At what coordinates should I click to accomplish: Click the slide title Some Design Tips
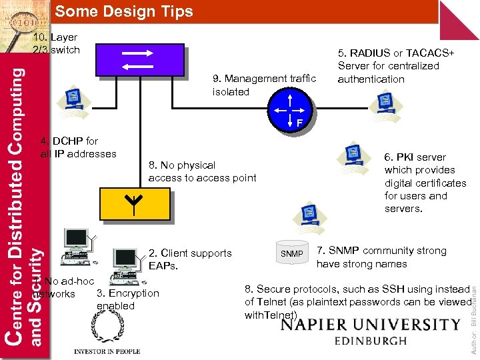124,11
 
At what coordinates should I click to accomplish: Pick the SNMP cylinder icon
291,253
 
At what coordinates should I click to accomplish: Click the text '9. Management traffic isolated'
264,85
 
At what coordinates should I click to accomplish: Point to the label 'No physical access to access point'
202,171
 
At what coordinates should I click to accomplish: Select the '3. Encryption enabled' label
127,299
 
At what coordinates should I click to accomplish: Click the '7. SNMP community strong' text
381,251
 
